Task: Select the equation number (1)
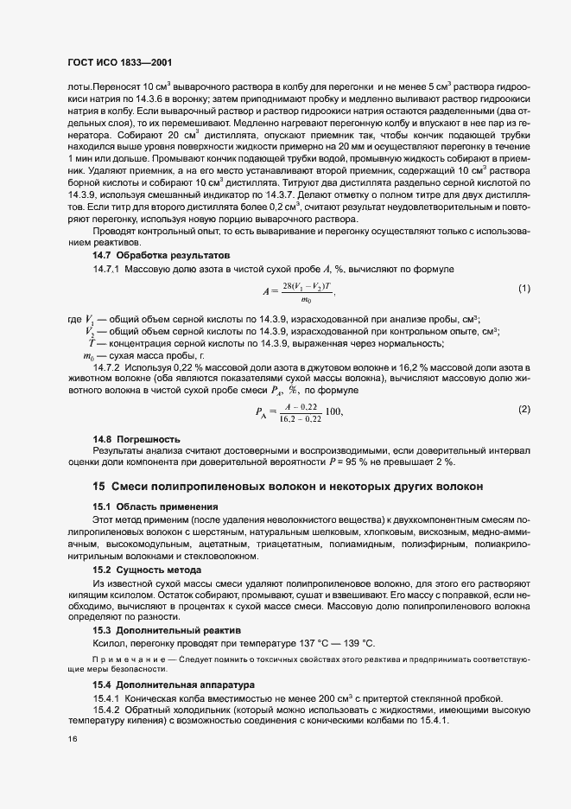coord(523,288)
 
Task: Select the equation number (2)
coord(523,409)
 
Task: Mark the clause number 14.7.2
coord(108,368)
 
